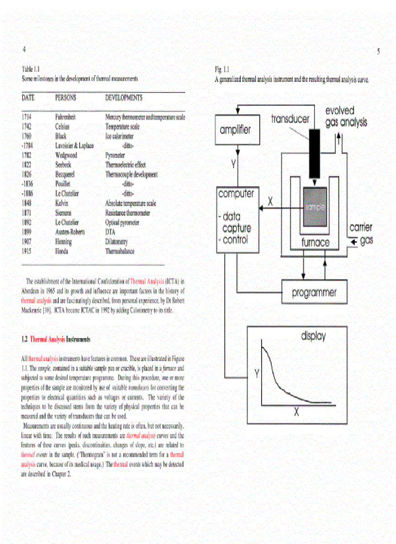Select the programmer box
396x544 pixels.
pyautogui.click(x=314, y=293)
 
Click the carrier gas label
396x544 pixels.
pyautogui.click(x=361, y=233)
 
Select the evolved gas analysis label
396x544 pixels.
pyautogui.click(x=346, y=117)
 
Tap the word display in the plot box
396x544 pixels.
pyautogui.click(x=313, y=336)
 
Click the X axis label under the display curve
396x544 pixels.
pyautogui.click(x=297, y=411)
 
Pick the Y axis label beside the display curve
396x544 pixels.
pyautogui.click(x=257, y=373)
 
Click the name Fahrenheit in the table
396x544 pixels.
pyautogui.click(x=66, y=117)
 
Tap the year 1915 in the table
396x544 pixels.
pyautogui.click(x=27, y=251)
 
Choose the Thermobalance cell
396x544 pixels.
pyautogui.click(x=120, y=251)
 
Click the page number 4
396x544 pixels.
pyautogui.click(x=23, y=49)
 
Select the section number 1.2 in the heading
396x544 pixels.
pyautogui.click(x=24, y=340)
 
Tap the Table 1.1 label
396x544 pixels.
pyautogui.click(x=31, y=69)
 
